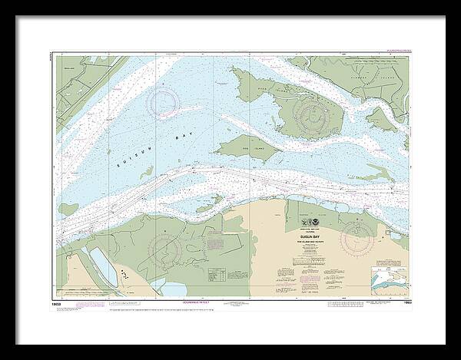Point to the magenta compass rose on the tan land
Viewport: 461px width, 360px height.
(x=358, y=238)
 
